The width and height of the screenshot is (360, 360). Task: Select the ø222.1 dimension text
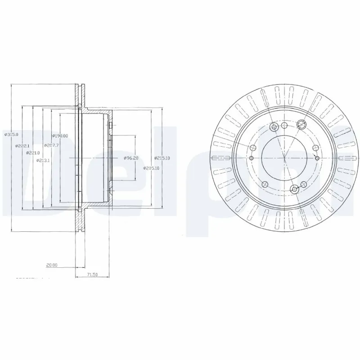22,146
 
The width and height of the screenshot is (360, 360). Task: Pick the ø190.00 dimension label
60,136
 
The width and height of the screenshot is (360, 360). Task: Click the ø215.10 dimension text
162,158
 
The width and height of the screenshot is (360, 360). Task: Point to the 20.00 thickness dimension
52,265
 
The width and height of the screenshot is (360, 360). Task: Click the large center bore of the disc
284,158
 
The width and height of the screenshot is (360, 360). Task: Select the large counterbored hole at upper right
301,128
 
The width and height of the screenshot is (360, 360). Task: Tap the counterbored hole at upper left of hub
273,128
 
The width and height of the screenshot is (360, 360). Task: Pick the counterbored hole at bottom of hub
295,189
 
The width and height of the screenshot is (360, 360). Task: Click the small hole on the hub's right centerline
318,158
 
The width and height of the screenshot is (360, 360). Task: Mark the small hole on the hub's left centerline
251,158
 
